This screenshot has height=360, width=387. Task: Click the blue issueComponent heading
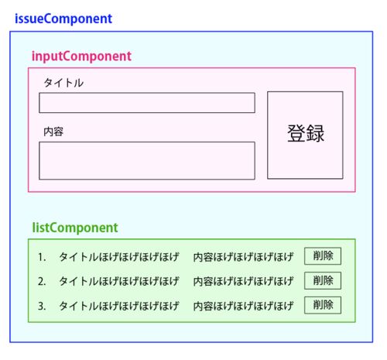[x=63, y=19]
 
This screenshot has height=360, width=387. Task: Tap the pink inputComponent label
[x=81, y=57]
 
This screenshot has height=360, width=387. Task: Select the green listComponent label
[x=75, y=228]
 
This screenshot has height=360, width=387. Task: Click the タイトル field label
[x=63, y=83]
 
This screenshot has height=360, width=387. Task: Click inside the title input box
[x=147, y=103]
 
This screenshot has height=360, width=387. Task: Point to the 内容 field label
[x=53, y=132]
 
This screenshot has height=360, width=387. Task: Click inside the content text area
[x=147, y=160]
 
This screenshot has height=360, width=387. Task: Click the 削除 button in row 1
[x=323, y=256]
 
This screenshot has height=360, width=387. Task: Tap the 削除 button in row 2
[x=323, y=280]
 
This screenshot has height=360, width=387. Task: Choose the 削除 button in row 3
[x=323, y=305]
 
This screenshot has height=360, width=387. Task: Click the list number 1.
[x=42, y=257]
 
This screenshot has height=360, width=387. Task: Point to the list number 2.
[x=42, y=281]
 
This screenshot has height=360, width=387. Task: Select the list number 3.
[x=42, y=306]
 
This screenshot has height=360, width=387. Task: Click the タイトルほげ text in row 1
[x=119, y=257]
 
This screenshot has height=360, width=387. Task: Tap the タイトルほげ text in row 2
[x=119, y=281]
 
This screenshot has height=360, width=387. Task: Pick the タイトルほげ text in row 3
[x=119, y=306]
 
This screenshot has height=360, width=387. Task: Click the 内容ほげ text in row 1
[x=243, y=257]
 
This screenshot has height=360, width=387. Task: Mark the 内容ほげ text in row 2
[x=243, y=281]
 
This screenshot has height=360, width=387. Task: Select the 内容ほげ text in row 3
[x=243, y=306]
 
